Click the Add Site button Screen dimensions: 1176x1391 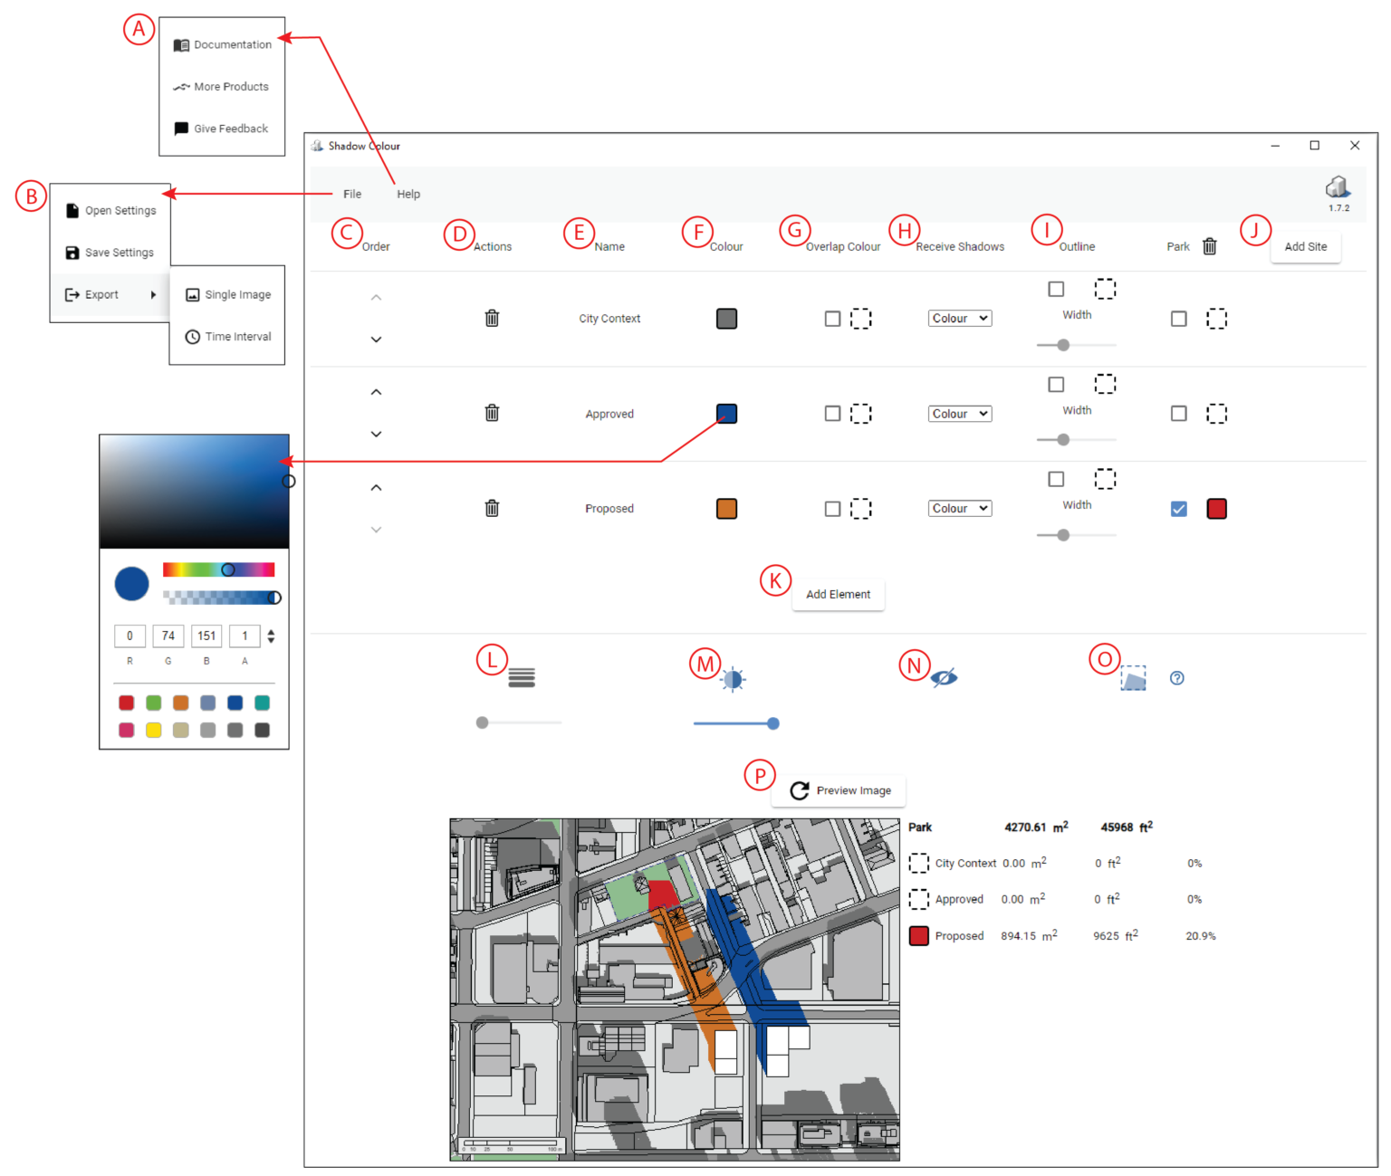[x=1305, y=246]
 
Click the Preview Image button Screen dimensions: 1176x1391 [x=839, y=790]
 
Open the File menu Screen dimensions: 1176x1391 [x=352, y=194]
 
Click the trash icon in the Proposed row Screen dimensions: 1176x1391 [x=492, y=508]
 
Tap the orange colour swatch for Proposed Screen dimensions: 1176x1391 [x=726, y=509]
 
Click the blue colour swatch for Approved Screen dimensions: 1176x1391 [x=726, y=414]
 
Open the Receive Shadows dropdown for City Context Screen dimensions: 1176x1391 [x=959, y=319]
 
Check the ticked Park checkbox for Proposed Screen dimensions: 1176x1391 [x=1178, y=509]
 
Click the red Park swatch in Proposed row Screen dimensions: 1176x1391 [x=1216, y=509]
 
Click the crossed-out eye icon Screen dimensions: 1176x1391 [x=944, y=678]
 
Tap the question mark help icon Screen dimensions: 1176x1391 [x=1176, y=678]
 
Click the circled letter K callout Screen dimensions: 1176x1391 [x=775, y=580]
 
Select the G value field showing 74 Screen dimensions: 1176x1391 [x=168, y=636]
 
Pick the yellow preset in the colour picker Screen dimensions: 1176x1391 [x=154, y=730]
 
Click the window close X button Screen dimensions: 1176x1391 [x=1355, y=146]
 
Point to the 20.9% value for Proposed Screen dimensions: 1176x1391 [x=1200, y=936]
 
